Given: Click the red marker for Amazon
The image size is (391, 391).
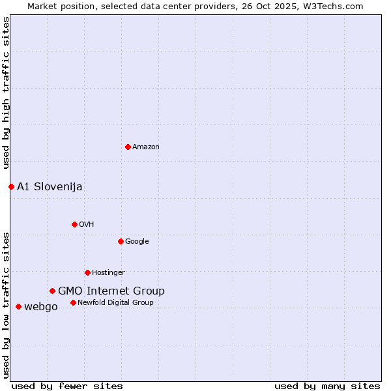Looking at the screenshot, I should pyautogui.click(x=128, y=147).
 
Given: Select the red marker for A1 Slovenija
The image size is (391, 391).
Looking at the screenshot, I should pyautogui.click(x=11, y=186).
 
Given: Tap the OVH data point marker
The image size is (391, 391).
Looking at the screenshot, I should pyautogui.click(x=74, y=224).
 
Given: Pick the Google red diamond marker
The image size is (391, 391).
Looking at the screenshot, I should pyautogui.click(x=121, y=241).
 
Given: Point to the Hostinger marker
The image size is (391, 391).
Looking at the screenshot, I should pyautogui.click(x=87, y=272).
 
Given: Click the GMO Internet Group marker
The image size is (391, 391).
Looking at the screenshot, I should pyautogui.click(x=52, y=291).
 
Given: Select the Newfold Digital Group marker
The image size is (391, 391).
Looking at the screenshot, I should pyautogui.click(x=73, y=302).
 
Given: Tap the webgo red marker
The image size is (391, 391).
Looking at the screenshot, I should pyautogui.click(x=18, y=306).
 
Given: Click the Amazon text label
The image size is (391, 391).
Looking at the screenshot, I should pyautogui.click(x=146, y=147).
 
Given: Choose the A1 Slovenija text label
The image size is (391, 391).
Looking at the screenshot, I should pyautogui.click(x=50, y=187).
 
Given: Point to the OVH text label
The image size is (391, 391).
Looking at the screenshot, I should pyautogui.click(x=87, y=225).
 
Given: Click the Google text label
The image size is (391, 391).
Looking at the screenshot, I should pyautogui.click(x=137, y=242).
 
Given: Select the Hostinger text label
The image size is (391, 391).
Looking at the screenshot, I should pyautogui.click(x=108, y=273).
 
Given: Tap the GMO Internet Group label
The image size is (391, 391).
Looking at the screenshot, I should pyautogui.click(x=111, y=291).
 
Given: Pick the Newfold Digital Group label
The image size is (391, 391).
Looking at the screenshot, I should pyautogui.click(x=116, y=303).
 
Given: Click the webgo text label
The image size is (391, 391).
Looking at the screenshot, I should pyautogui.click(x=41, y=307).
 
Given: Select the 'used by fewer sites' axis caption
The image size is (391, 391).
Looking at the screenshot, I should pyautogui.click(x=67, y=386).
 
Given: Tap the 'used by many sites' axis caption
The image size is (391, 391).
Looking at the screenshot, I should pyautogui.click(x=327, y=386).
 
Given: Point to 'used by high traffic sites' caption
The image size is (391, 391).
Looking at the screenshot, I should pyautogui.click(x=6, y=93).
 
